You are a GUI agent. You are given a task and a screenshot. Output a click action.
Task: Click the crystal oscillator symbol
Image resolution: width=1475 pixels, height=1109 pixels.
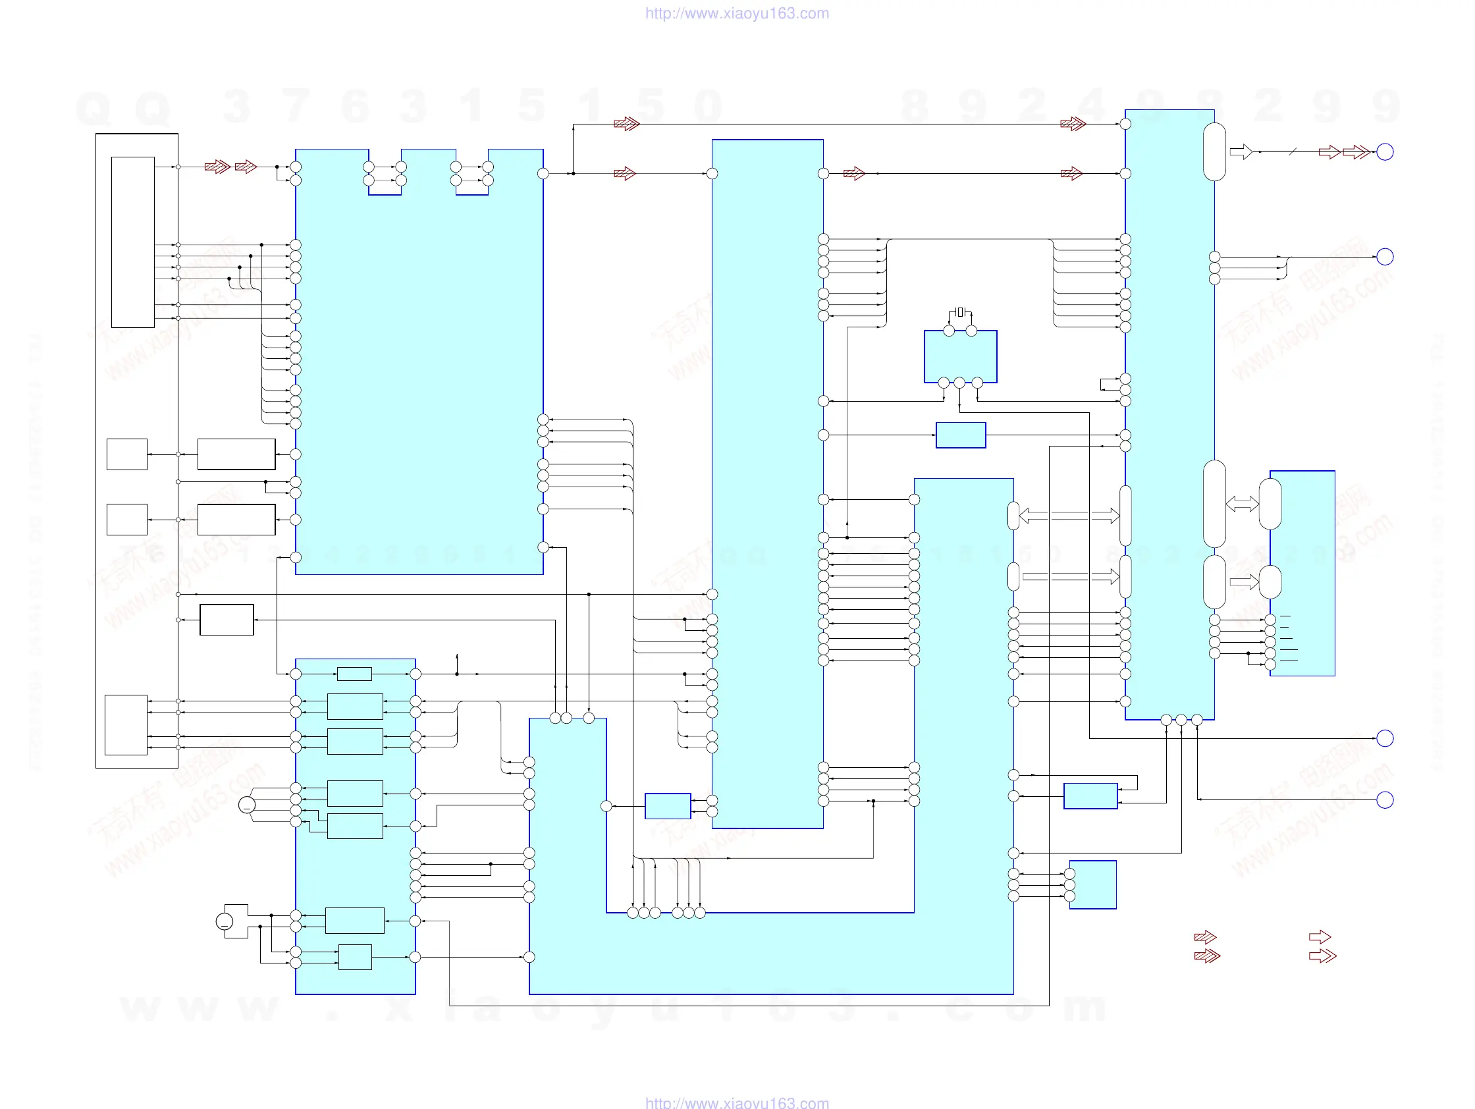959,312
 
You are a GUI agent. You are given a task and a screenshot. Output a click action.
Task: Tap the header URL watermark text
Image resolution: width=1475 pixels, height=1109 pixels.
737,13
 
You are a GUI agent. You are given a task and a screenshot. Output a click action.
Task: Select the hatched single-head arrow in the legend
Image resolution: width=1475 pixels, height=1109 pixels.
1204,937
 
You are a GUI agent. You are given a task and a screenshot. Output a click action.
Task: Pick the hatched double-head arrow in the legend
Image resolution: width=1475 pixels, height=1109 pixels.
1206,956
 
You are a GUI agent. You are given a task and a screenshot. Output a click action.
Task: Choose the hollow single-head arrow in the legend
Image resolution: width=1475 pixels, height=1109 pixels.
1319,937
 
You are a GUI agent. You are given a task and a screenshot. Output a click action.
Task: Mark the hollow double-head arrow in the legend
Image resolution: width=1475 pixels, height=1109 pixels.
1322,956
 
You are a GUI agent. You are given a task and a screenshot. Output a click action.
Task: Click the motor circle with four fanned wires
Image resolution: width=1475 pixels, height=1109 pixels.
247,805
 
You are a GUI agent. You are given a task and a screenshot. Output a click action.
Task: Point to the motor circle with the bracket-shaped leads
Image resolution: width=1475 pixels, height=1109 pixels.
225,921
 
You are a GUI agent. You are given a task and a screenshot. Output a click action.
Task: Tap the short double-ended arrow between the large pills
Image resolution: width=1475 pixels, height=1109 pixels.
1242,504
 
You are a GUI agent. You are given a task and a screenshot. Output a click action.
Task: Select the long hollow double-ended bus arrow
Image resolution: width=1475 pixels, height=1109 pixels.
1069,516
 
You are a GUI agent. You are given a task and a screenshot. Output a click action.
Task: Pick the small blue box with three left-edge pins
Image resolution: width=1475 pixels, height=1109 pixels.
1092,884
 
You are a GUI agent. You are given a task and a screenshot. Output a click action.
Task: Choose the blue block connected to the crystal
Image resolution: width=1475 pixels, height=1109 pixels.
960,357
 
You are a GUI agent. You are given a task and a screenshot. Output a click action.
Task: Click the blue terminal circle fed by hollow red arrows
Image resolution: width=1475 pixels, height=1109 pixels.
1385,152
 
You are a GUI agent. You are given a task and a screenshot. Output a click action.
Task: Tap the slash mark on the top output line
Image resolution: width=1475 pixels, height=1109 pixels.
1293,152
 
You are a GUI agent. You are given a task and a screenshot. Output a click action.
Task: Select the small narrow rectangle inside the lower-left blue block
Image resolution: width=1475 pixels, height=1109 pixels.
354,674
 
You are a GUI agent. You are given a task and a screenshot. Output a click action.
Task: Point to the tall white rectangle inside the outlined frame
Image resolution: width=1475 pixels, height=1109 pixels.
133,242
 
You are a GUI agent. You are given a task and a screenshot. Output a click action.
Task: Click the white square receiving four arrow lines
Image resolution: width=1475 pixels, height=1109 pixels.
126,724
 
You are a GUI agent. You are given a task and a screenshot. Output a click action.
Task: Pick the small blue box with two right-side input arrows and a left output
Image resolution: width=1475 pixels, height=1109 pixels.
668,805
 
